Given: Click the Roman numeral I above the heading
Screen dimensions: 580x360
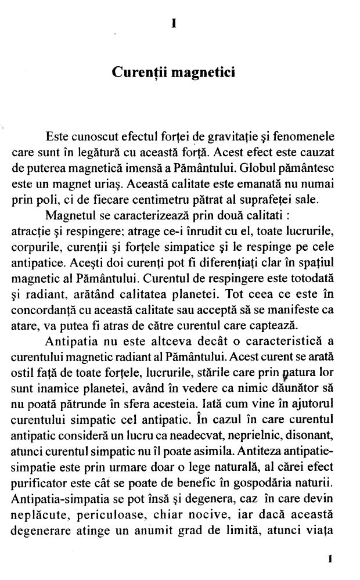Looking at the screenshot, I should click(x=174, y=24).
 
